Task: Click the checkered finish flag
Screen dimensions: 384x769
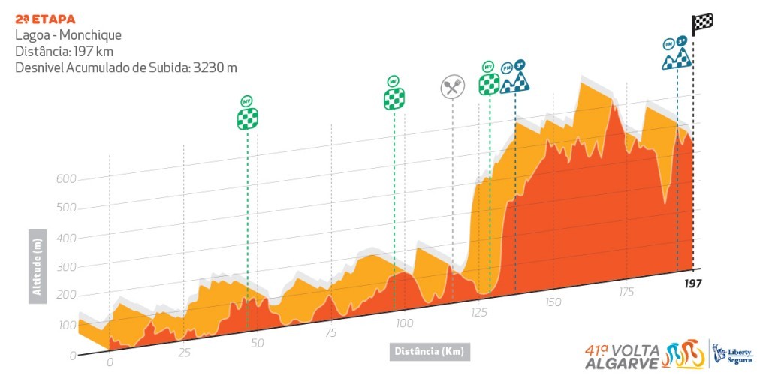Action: [x=703, y=24]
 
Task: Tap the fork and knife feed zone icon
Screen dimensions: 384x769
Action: [x=451, y=87]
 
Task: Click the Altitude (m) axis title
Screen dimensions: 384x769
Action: [x=36, y=267]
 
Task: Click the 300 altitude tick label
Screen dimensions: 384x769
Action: [x=67, y=266]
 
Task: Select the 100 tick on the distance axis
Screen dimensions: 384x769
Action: [x=404, y=323]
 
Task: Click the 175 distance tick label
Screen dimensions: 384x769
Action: [x=626, y=291]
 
